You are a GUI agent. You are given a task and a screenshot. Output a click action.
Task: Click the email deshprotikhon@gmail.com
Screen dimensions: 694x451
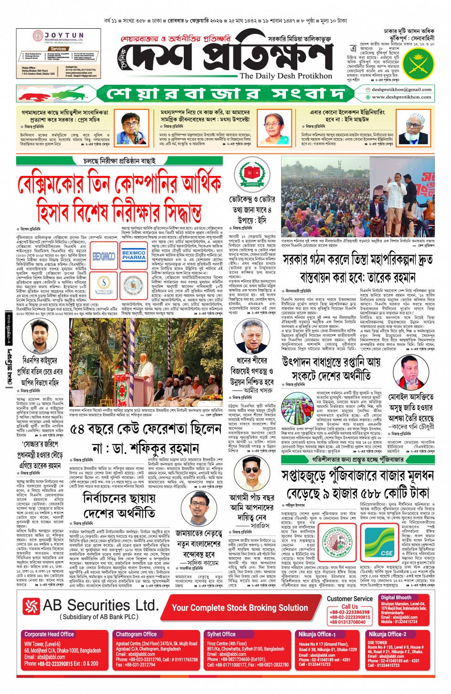401,89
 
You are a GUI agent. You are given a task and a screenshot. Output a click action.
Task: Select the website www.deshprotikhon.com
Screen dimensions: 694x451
401,97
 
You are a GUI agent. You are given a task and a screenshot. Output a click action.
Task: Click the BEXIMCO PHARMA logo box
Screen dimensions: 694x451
134,255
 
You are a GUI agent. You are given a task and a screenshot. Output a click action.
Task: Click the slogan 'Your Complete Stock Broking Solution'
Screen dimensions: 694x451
240,607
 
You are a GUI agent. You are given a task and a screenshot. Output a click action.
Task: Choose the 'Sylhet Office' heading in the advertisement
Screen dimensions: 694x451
221,634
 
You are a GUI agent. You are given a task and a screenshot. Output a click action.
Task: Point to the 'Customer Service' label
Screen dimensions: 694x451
349,598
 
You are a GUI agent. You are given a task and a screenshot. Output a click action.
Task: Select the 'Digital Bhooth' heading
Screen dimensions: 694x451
396,597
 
